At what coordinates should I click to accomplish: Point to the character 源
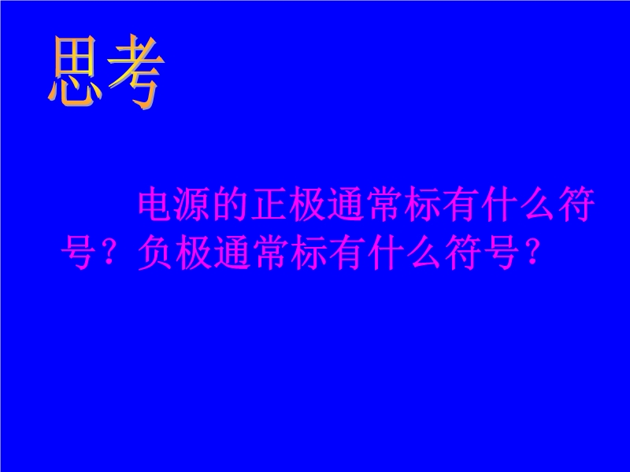click(193, 205)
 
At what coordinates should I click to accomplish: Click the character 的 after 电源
click(232, 205)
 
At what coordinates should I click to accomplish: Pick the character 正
click(269, 205)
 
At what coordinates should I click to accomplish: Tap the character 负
click(155, 253)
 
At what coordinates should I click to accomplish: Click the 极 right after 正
click(308, 205)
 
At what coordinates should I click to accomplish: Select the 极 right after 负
click(193, 253)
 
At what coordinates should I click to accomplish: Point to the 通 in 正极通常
click(346, 205)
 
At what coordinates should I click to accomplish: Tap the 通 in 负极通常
click(232, 253)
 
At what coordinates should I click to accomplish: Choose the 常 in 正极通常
click(384, 205)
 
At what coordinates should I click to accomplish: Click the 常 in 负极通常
click(270, 253)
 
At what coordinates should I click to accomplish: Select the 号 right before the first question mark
click(78, 253)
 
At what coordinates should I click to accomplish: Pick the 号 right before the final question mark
click(501, 253)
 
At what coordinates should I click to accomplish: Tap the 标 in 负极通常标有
click(308, 253)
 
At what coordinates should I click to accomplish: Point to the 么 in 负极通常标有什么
click(424, 253)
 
